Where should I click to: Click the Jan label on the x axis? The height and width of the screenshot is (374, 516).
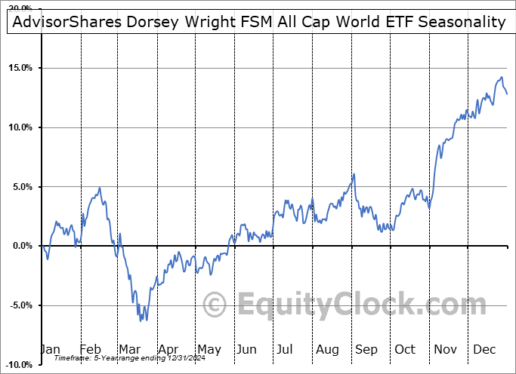[51, 350]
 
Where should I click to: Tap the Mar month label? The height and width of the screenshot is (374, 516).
[131, 350]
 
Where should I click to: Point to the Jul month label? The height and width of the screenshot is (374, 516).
[286, 350]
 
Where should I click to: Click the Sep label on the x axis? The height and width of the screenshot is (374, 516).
[366, 350]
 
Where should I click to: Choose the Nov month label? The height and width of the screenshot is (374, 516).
[446, 350]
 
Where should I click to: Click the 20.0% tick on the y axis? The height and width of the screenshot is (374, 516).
[20, 8]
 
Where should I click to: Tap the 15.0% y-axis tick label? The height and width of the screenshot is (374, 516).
[20, 68]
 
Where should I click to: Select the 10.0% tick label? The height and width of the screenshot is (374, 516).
[20, 127]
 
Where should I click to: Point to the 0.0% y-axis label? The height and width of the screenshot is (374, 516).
[22, 246]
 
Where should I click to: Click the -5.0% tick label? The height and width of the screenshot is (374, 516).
[20, 305]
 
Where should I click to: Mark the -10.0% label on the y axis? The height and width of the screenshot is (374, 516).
[19, 365]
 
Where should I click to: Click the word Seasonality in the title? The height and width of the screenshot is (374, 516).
[462, 22]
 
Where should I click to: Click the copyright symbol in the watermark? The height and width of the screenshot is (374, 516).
[216, 305]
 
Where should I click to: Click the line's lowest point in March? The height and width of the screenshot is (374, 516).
[141, 321]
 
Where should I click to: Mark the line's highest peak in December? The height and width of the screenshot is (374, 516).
[501, 77]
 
